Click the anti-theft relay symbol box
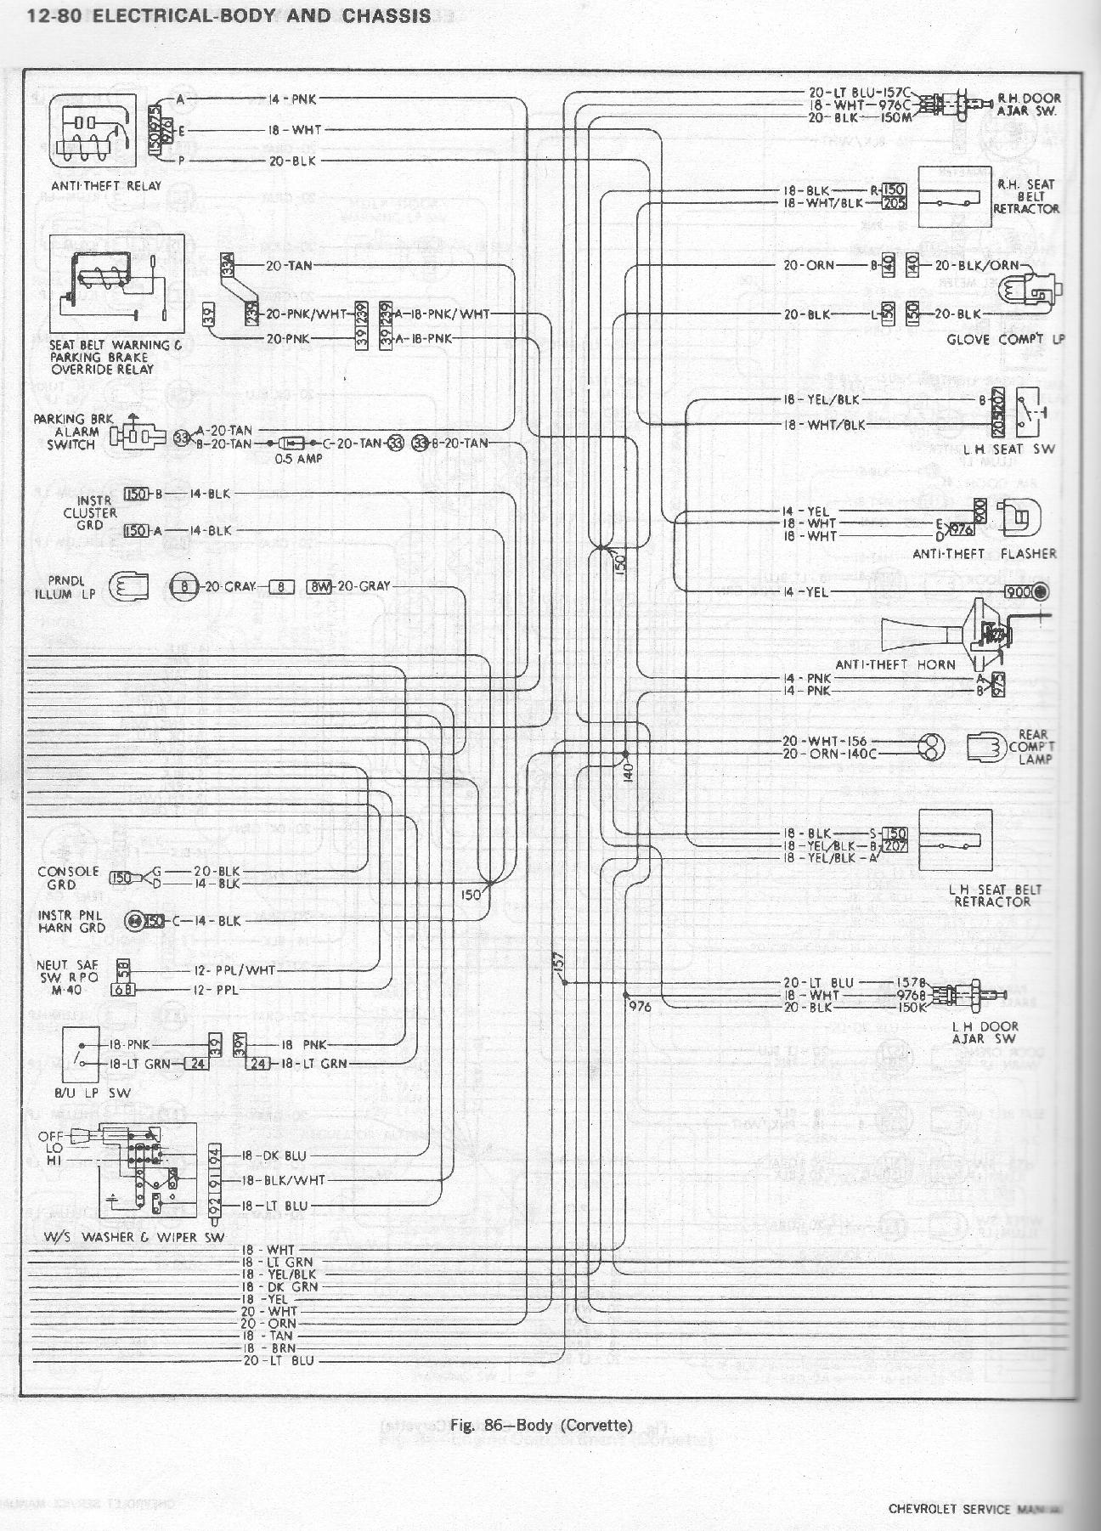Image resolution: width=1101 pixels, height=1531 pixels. [93, 132]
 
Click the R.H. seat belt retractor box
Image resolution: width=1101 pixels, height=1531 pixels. [954, 197]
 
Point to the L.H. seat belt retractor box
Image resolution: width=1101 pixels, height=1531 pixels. [955, 840]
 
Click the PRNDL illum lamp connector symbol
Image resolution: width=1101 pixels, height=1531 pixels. [128, 586]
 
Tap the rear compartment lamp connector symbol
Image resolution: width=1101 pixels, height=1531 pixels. [985, 747]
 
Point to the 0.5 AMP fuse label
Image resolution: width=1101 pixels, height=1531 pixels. [299, 459]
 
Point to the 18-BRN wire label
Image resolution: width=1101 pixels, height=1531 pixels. [268, 1348]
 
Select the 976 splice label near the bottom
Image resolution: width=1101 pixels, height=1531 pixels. [640, 1006]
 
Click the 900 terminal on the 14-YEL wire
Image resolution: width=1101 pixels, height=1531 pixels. [1017, 591]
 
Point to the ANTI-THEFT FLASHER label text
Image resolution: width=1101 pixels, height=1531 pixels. [985, 554]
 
